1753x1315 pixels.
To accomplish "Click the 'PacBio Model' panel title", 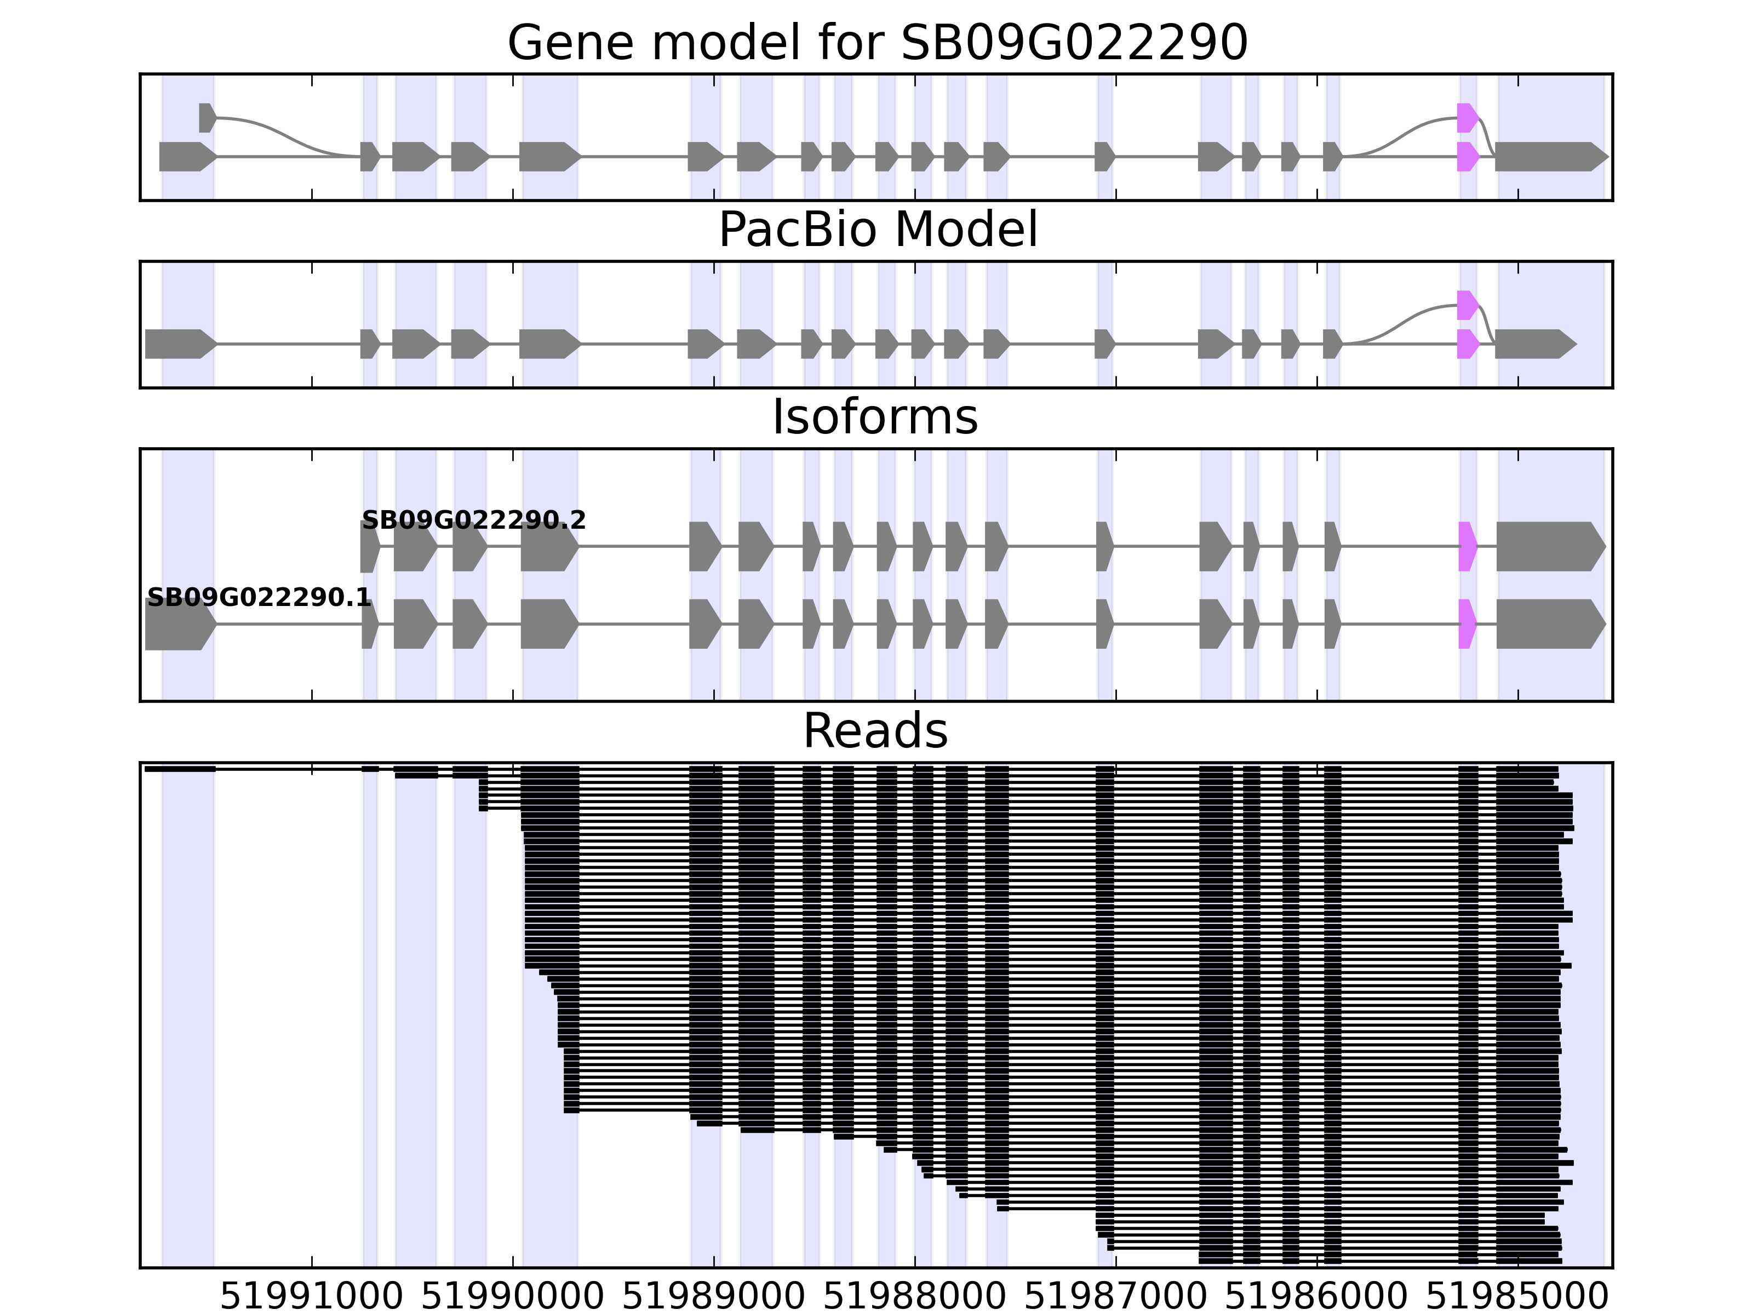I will click(876, 230).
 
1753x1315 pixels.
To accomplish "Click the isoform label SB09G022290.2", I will click(474, 521).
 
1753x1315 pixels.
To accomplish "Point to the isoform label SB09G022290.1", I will click(259, 598).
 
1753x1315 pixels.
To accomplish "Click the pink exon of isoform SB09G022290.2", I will click(1467, 546).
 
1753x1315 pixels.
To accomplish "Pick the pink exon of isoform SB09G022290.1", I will click(1467, 624).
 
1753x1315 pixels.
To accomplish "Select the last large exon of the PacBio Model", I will click(1533, 344).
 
